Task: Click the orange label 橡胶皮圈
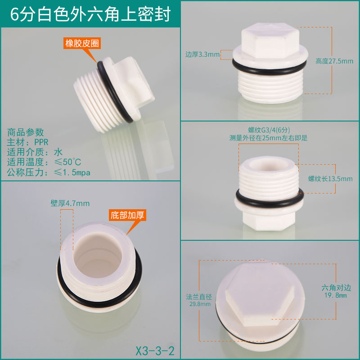[82, 43]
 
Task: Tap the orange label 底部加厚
[127, 215]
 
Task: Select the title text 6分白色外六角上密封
[90, 14]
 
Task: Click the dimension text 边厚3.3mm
[202, 54]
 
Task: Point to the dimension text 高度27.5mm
[334, 61]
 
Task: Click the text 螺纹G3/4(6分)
[269, 130]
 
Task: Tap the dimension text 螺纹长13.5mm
[330, 179]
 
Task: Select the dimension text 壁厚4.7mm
[70, 203]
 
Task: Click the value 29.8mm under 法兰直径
[200, 304]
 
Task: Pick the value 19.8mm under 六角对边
[335, 295]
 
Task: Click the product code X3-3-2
[155, 351]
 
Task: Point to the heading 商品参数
[25, 132]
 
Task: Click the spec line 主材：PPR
[27, 142]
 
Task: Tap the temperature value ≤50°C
[67, 162]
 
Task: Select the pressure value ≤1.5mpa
[72, 172]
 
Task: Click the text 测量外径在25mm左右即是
[268, 138]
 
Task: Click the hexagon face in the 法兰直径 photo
[260, 295]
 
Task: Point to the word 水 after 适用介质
[58, 152]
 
